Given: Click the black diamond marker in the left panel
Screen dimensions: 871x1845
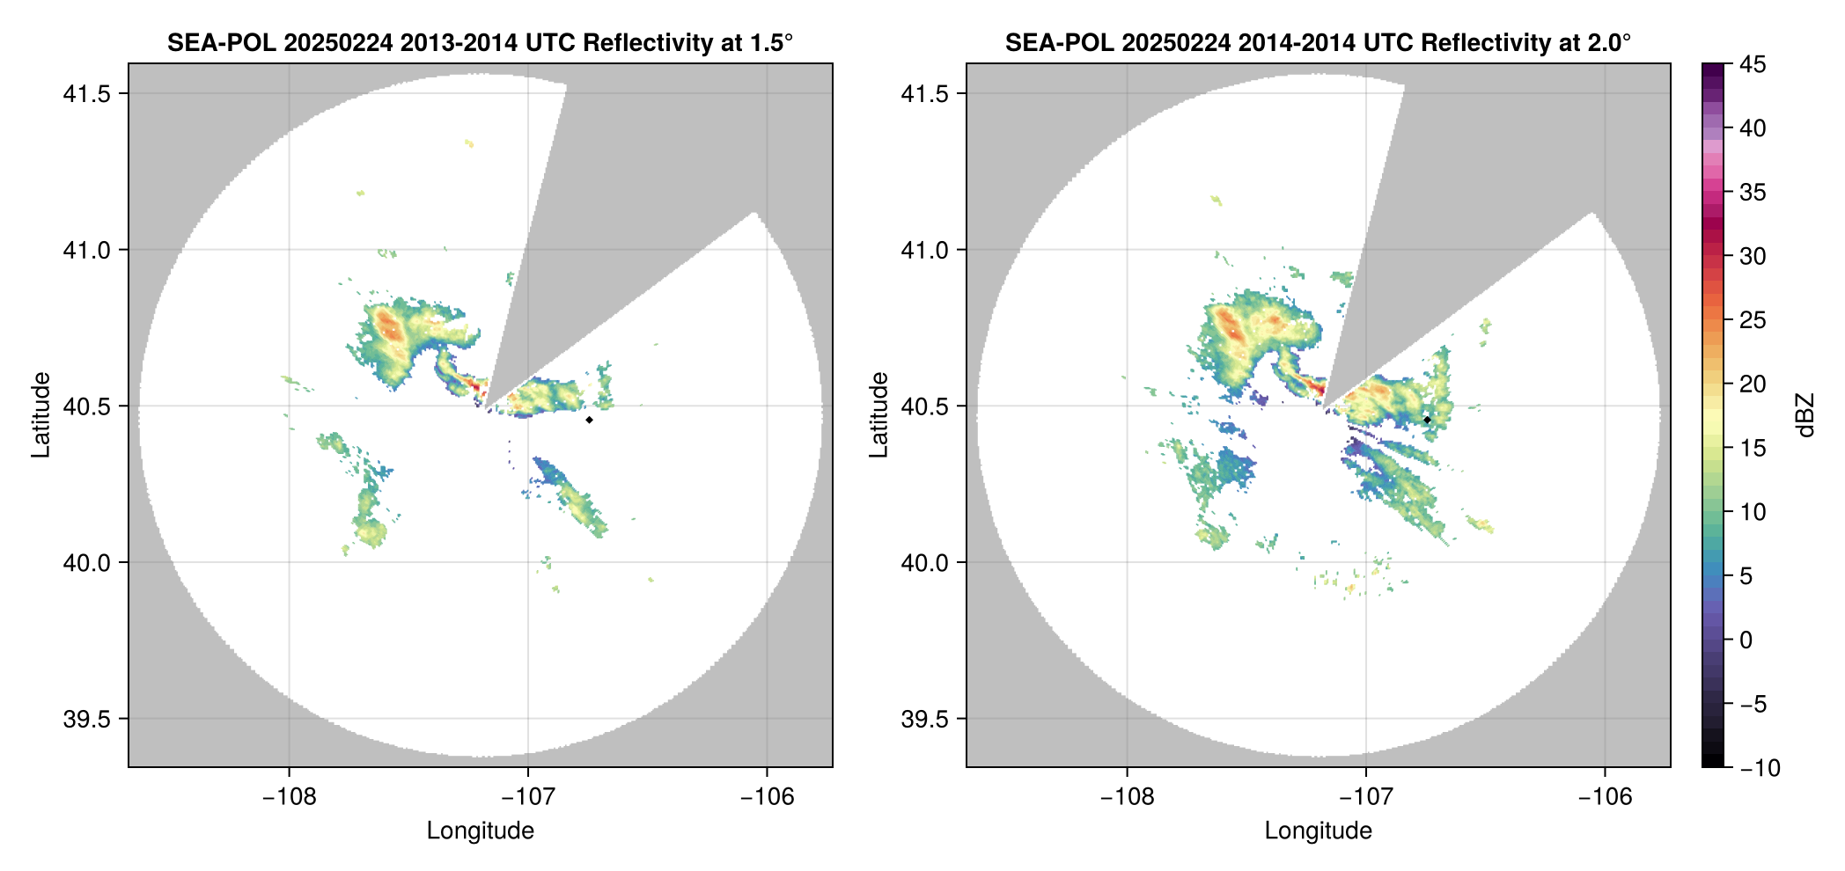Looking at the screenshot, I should (589, 420).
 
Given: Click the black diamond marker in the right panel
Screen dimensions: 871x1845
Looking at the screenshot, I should (1427, 420).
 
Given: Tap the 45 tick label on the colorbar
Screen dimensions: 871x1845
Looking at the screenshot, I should (1752, 64).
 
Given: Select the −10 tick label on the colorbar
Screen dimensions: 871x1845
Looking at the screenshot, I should (1760, 768).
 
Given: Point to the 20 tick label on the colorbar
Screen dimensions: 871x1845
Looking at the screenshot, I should (1752, 384).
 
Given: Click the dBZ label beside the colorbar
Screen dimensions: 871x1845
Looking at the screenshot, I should (1805, 415).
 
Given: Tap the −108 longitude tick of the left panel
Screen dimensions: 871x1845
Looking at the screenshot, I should (289, 797).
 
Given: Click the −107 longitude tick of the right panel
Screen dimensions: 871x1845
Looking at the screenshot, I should (1365, 797).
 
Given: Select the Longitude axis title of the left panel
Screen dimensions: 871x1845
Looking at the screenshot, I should (481, 831).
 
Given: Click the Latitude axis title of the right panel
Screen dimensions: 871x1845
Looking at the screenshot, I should (878, 415).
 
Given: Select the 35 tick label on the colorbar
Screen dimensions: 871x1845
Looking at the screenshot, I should (1752, 192).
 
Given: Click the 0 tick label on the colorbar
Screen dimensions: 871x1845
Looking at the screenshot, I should (1746, 640).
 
